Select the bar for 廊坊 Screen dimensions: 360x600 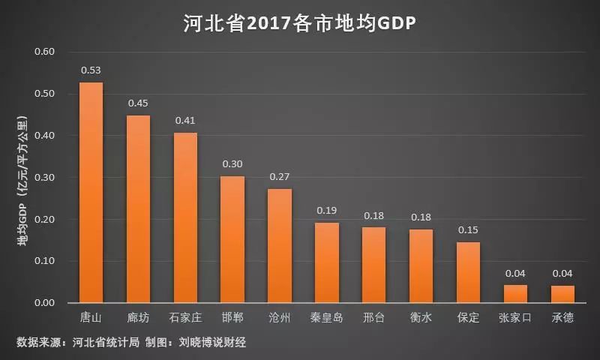[x=138, y=209]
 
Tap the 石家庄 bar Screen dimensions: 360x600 [x=185, y=218]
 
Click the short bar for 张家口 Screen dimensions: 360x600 [x=515, y=294]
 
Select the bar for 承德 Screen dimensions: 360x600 [x=562, y=294]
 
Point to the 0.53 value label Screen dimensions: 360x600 [x=91, y=70]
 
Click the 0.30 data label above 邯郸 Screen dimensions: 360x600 [x=232, y=164]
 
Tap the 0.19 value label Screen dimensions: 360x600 [x=327, y=211]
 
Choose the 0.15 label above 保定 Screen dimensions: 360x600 [x=468, y=230]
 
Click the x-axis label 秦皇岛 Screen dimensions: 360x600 [x=327, y=318]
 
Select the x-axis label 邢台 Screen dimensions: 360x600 [x=373, y=318]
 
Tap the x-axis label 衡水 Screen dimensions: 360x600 [x=421, y=318]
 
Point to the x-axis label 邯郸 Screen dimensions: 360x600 [x=232, y=318]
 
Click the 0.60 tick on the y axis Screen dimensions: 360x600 [x=45, y=52]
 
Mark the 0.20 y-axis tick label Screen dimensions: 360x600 [x=45, y=220]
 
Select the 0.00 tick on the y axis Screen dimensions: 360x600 [x=45, y=303]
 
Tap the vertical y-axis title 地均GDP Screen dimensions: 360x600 [x=22, y=180]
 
